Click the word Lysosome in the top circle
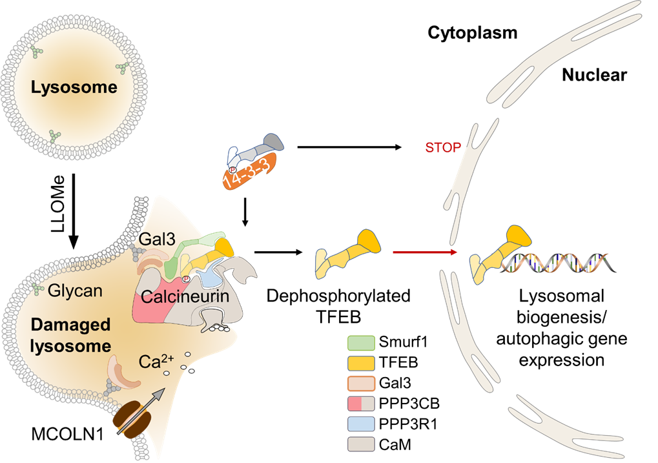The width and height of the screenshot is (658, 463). click(74, 87)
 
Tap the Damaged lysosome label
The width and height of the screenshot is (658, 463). click(71, 335)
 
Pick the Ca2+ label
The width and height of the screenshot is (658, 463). click(155, 362)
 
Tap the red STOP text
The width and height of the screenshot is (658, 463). click(443, 148)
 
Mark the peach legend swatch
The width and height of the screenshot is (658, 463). click(361, 384)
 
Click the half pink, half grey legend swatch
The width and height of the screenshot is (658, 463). click(361, 404)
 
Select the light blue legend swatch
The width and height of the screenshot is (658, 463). click(361, 424)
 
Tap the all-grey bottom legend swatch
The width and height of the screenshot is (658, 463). click(361, 444)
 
